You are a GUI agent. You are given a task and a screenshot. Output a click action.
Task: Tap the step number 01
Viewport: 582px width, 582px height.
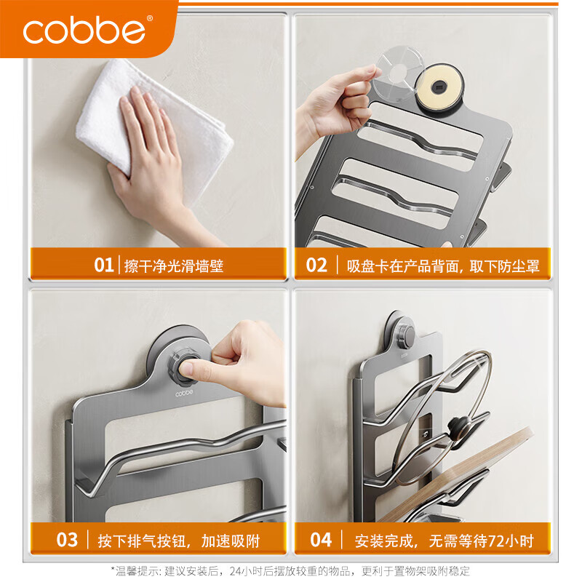tap(104, 265)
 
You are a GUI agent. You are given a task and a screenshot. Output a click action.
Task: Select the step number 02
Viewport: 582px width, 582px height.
tap(316, 265)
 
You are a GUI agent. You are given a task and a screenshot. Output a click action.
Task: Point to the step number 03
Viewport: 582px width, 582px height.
tap(67, 540)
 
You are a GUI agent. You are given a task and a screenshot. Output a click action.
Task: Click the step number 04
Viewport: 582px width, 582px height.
tap(321, 540)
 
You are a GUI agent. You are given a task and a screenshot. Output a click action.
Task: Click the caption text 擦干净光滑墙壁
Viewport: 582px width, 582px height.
tap(174, 266)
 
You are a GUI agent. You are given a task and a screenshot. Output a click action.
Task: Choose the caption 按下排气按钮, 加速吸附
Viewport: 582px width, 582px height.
tap(179, 541)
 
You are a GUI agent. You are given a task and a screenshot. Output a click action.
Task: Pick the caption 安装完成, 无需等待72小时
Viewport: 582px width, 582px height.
tap(444, 541)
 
